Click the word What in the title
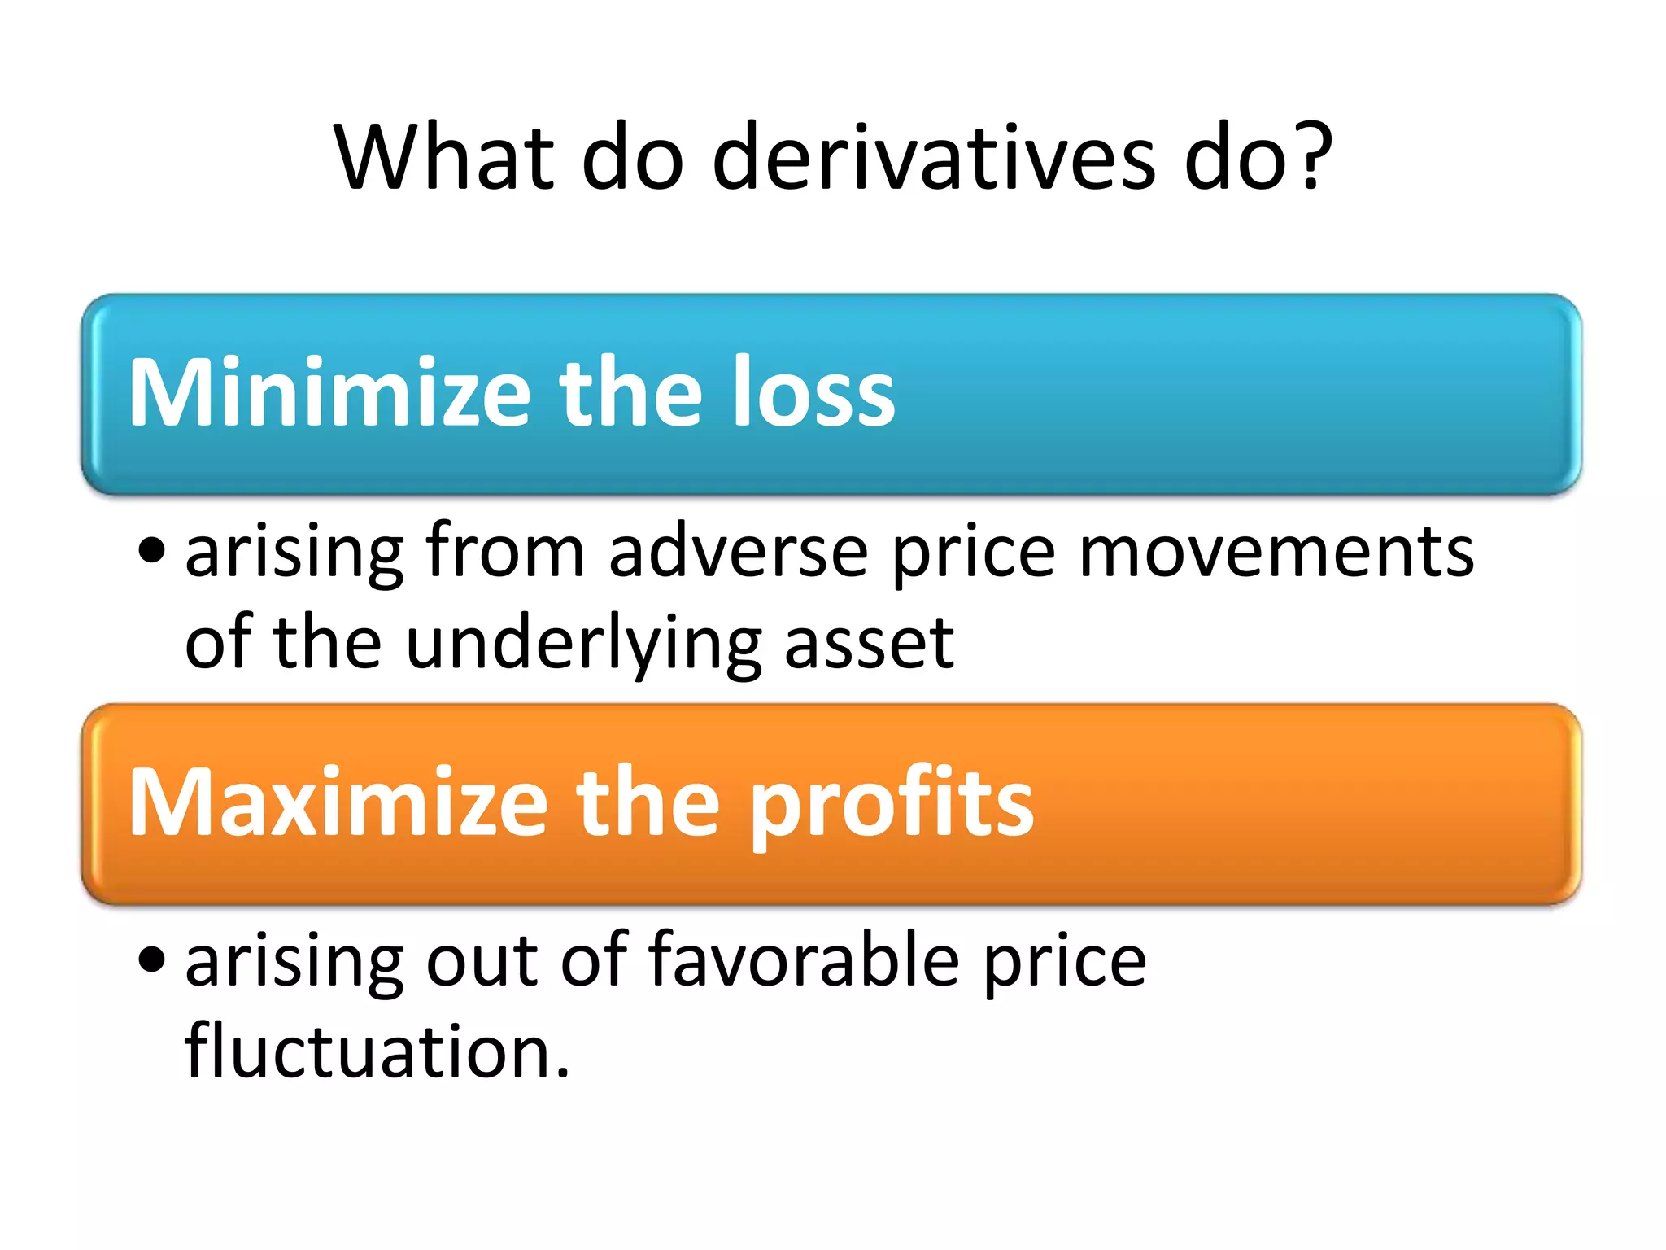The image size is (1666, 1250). [443, 156]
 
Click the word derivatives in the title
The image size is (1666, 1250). [933, 156]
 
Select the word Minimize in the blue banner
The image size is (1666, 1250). [329, 393]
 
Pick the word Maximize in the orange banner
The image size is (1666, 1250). [338, 803]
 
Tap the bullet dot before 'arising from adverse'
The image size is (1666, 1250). [152, 551]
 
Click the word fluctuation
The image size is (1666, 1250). [377, 1051]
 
